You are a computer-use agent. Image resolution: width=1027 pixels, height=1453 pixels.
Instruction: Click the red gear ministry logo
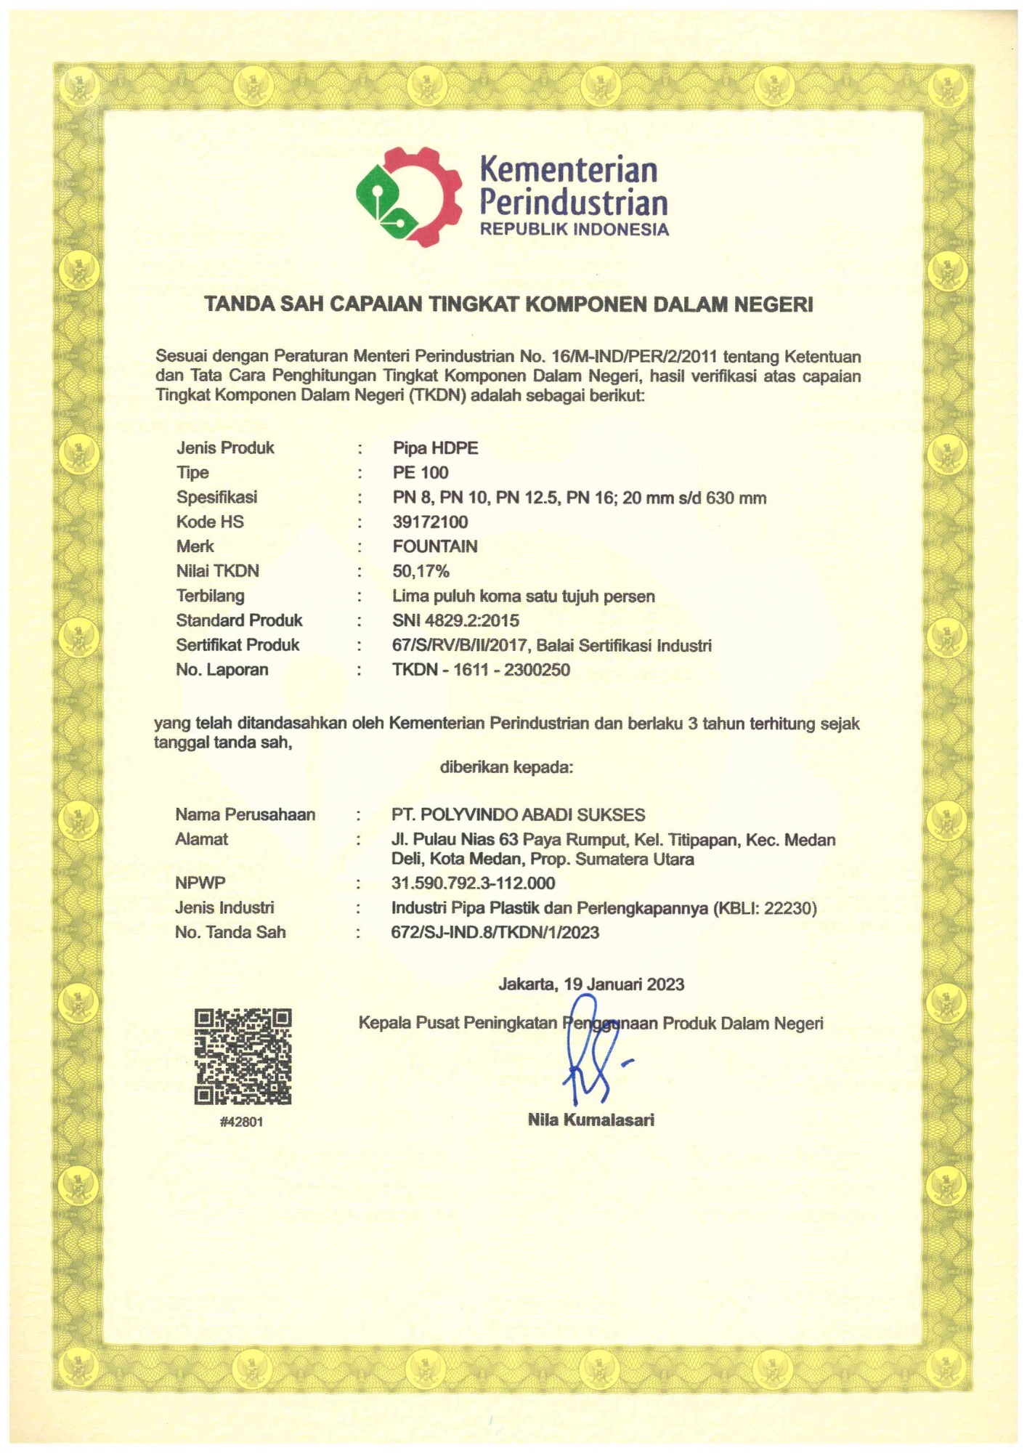point(409,196)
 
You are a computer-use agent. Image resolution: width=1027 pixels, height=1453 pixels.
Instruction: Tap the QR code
point(243,1056)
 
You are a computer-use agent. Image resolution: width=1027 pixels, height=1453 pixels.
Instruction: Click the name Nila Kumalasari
point(590,1120)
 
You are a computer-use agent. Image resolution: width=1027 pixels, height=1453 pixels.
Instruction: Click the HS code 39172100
point(430,522)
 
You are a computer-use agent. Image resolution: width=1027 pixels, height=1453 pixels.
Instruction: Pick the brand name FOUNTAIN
point(434,546)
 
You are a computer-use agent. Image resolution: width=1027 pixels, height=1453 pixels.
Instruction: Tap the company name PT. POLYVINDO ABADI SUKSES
point(518,814)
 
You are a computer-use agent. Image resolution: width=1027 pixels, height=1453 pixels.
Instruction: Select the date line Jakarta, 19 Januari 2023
point(591,984)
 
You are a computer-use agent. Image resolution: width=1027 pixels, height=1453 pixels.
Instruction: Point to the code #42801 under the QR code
point(241,1122)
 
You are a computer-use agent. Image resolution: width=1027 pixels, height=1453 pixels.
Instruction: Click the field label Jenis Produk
point(225,448)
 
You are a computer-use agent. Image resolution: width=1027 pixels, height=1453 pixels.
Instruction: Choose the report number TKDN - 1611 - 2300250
point(481,669)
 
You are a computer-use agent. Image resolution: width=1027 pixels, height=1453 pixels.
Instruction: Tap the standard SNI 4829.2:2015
point(455,620)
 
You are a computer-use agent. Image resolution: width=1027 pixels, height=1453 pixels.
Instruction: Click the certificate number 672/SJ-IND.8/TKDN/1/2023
point(495,932)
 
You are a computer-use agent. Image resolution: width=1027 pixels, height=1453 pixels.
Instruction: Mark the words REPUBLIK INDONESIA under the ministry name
point(574,230)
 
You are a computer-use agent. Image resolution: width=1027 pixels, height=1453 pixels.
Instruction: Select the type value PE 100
point(421,472)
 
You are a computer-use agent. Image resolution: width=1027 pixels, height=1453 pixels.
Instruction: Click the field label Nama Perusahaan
point(245,814)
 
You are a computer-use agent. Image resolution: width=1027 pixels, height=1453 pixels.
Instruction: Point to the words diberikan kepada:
point(506,767)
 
